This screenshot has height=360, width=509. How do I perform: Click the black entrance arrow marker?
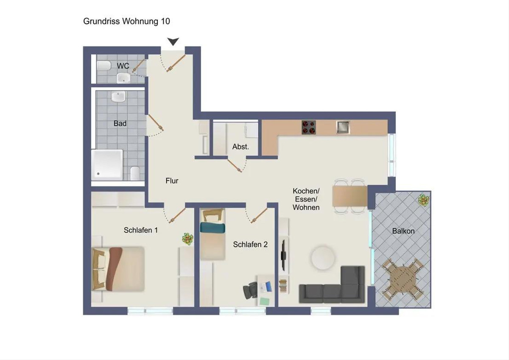coord(173,41)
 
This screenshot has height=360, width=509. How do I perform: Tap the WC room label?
coord(123,66)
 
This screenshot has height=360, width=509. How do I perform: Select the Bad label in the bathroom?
coord(120,124)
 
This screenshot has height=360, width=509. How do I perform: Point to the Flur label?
coord(172,181)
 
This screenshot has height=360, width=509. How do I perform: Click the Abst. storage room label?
coord(241,147)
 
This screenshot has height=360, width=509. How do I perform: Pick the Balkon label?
coord(403,231)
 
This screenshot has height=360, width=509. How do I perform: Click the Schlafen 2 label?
coord(250,245)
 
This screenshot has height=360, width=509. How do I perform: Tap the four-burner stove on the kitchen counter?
coord(309,127)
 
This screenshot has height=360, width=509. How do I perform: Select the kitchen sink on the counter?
coord(343,127)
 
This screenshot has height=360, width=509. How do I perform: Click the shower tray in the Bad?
coord(107,165)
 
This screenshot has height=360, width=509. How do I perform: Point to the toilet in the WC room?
coord(103,66)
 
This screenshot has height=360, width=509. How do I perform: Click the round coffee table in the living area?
coord(323,257)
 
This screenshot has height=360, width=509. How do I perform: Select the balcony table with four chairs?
coord(403,279)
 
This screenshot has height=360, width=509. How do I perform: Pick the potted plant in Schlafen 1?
coord(188,239)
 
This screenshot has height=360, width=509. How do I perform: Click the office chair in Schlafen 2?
coord(250,290)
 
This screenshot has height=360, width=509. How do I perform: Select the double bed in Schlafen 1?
coord(118,269)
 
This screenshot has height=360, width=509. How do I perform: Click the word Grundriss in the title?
coord(101,21)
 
